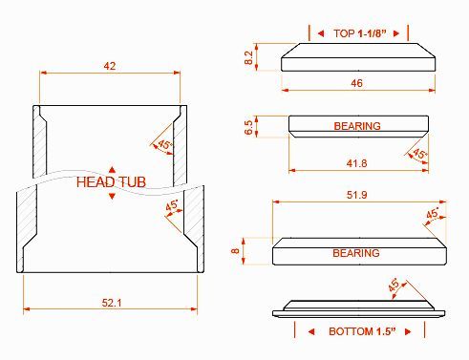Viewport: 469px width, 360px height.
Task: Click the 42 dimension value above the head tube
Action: pyautogui.click(x=110, y=66)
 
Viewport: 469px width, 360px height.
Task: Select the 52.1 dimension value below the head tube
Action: pyautogui.click(x=112, y=303)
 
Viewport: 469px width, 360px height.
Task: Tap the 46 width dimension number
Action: pyautogui.click(x=356, y=83)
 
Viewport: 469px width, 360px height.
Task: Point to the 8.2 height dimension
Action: pyautogui.click(x=248, y=57)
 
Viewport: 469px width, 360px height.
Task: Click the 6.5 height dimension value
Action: pyautogui.click(x=249, y=127)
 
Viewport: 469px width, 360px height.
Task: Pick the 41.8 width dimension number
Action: pyautogui.click(x=356, y=163)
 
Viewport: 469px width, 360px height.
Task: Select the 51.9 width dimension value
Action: pyautogui.click(x=356, y=195)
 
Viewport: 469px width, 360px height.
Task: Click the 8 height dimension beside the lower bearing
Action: pyautogui.click(x=235, y=251)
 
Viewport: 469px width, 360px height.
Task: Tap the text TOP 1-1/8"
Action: pyautogui.click(x=360, y=33)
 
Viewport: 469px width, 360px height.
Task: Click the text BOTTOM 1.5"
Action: pyautogui.click(x=362, y=331)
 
